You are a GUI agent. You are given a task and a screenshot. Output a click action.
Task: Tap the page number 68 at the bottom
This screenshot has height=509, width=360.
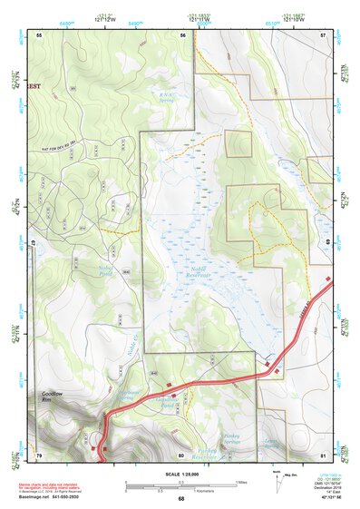pyautogui.click(x=180, y=498)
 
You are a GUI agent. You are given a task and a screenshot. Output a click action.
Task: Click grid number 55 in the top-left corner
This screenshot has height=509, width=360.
pyautogui.click(x=40, y=34)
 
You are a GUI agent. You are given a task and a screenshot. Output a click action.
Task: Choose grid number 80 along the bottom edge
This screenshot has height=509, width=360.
pyautogui.click(x=180, y=454)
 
